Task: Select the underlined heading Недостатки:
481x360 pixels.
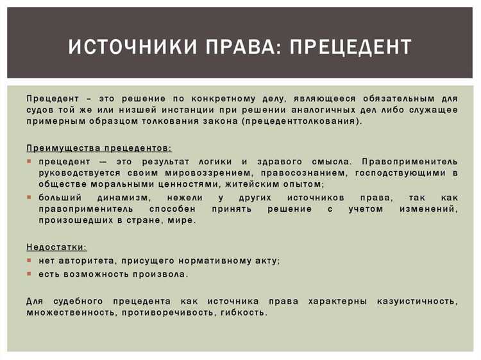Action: coord(57,247)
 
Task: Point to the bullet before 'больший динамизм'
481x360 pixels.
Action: coord(30,198)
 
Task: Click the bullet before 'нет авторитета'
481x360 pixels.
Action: coord(30,261)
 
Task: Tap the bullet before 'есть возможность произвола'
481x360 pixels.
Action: coord(30,274)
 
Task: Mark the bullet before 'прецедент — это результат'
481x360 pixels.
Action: coord(30,161)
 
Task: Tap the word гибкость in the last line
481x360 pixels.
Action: coord(243,313)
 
